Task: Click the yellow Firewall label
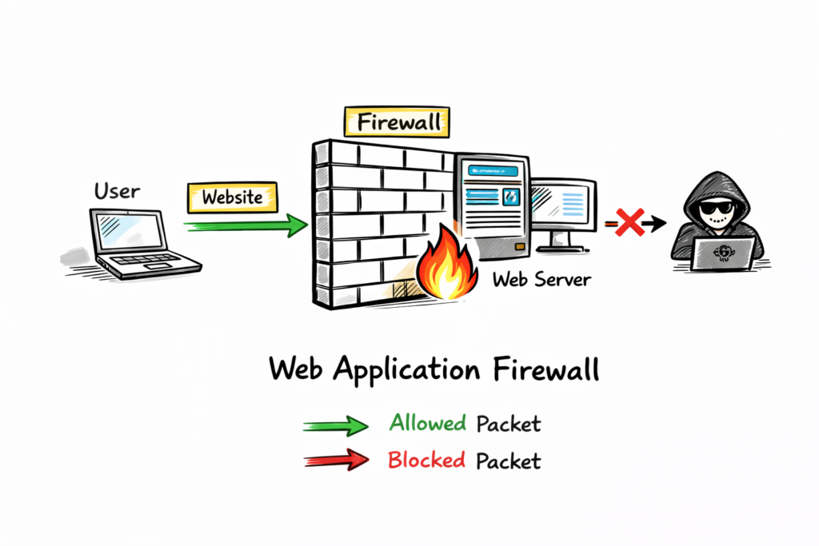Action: [x=397, y=122]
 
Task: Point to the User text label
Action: [x=117, y=191]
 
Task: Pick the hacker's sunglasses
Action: [x=714, y=210]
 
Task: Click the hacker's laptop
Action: [x=723, y=255]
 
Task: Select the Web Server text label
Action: [x=541, y=280]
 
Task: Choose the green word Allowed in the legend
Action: [x=428, y=423]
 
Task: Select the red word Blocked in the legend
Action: [x=427, y=460]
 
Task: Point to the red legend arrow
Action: [x=336, y=460]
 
